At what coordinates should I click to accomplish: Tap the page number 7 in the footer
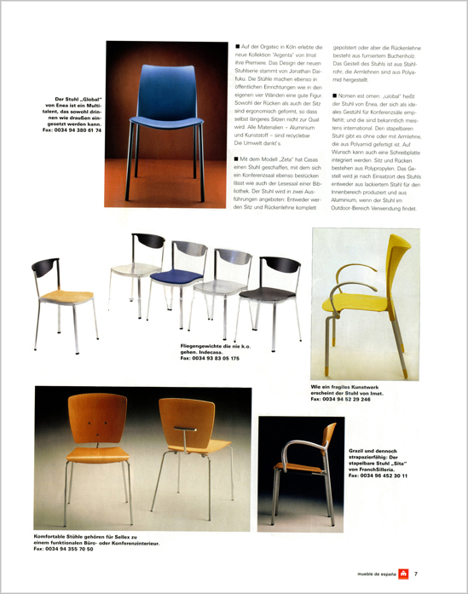pos(415,574)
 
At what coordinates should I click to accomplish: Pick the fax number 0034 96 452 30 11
pos(378,476)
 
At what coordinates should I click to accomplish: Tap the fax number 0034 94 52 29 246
pos(347,399)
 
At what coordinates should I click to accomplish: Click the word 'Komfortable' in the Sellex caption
pos(53,535)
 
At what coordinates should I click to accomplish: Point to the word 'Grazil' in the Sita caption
pos(359,451)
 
